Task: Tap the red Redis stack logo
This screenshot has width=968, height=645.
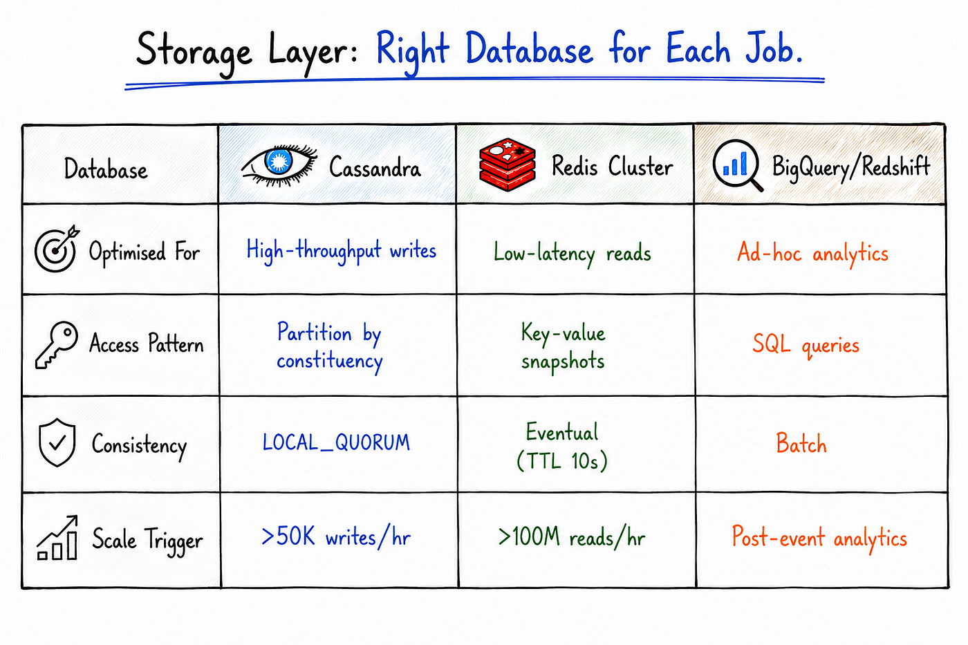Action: click(x=508, y=165)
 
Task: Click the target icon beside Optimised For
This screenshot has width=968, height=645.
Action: click(x=56, y=249)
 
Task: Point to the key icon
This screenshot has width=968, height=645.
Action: click(x=57, y=345)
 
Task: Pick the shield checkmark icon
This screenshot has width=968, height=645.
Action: click(x=57, y=442)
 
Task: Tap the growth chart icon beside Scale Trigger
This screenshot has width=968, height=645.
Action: click(x=57, y=538)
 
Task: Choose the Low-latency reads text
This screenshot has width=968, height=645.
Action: click(x=573, y=253)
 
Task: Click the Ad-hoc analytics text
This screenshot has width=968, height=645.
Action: click(x=812, y=253)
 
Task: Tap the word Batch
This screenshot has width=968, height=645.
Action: click(x=801, y=443)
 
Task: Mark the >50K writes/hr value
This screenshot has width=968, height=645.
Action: click(x=336, y=537)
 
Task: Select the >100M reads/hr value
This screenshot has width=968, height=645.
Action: click(x=572, y=537)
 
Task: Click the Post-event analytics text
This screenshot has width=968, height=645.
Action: click(x=819, y=538)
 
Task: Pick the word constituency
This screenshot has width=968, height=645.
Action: click(x=330, y=361)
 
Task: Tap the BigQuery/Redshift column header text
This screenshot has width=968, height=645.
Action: click(x=851, y=167)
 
